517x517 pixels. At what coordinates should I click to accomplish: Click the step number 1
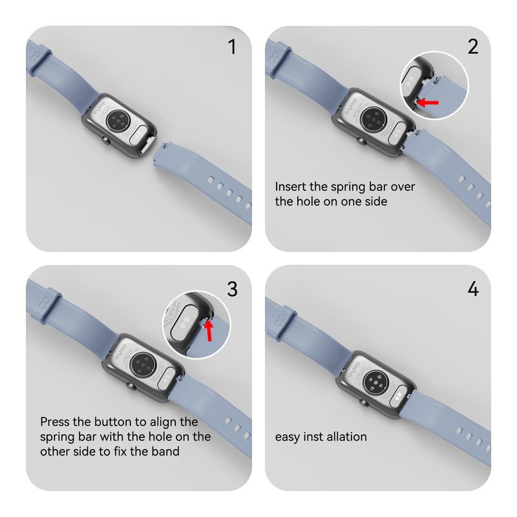coord(232,47)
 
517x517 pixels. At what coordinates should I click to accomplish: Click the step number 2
coord(473,47)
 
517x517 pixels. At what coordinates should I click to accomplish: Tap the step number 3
coord(232,289)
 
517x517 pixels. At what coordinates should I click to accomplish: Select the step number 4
coord(473,289)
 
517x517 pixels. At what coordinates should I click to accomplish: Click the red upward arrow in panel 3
coord(208,331)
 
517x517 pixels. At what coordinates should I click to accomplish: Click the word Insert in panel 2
coord(291,187)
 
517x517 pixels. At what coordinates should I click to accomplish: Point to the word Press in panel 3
coord(55,422)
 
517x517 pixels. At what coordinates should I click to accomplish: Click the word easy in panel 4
coord(289,437)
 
